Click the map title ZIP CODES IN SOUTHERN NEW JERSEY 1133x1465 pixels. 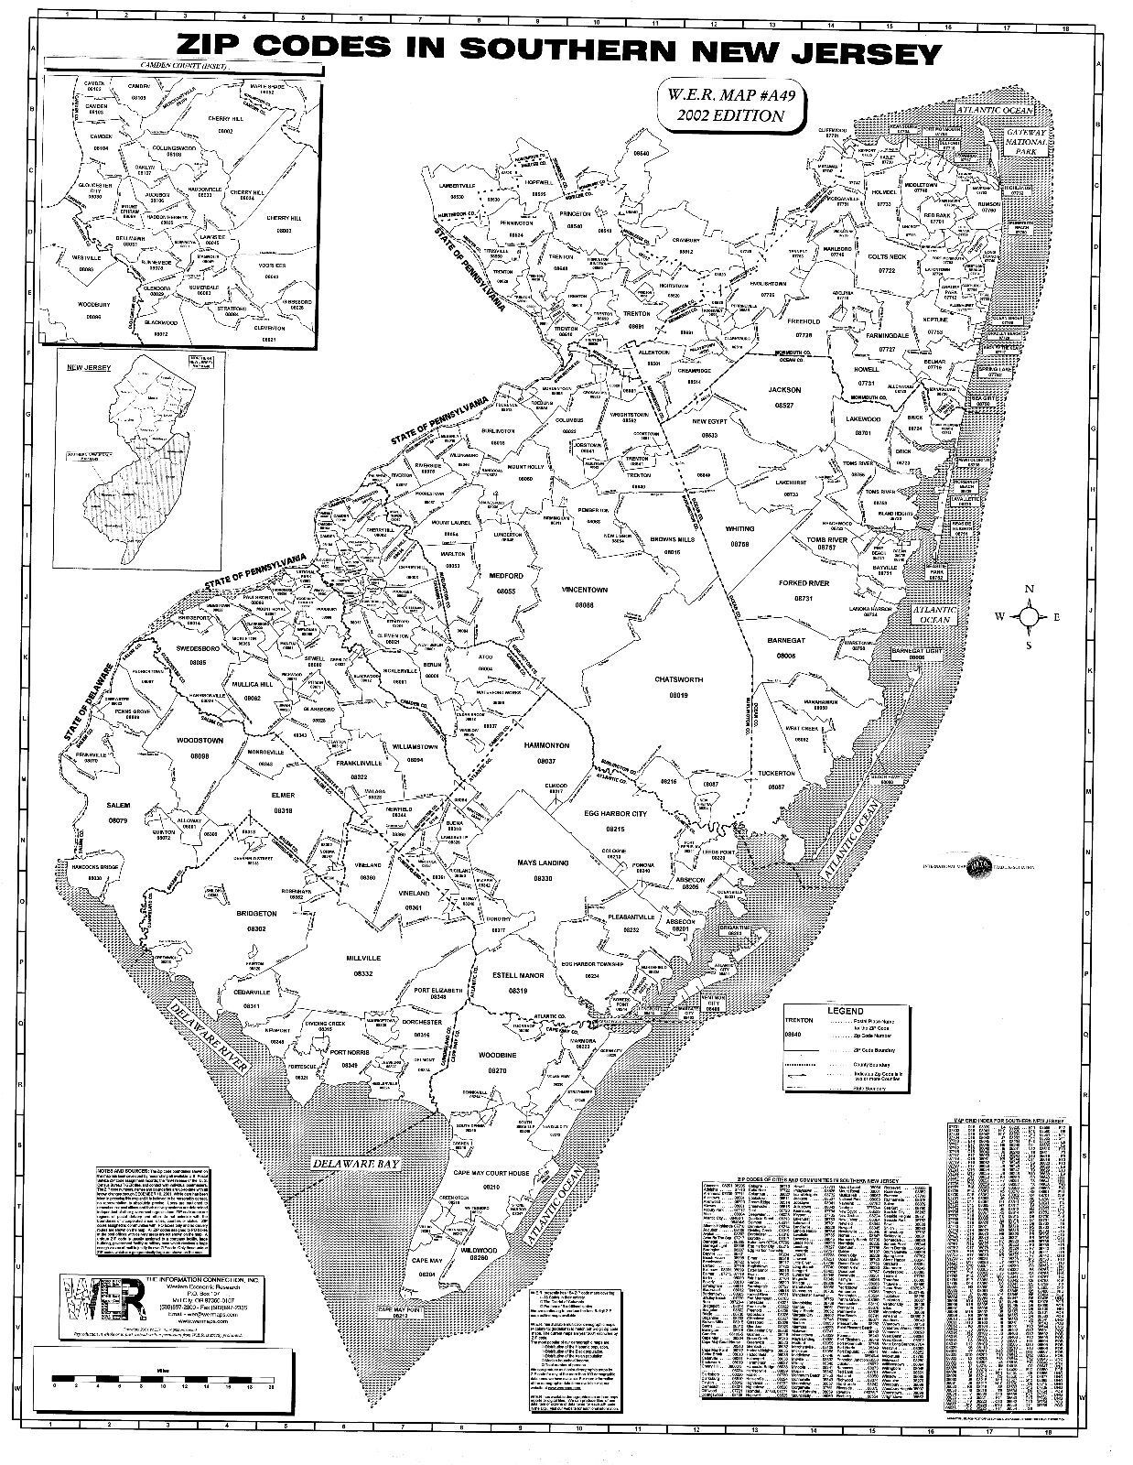click(x=558, y=50)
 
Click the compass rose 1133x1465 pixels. click(x=1030, y=617)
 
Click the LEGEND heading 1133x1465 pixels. click(x=846, y=1011)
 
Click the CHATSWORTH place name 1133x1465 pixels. click(x=678, y=680)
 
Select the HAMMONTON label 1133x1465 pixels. click(x=546, y=746)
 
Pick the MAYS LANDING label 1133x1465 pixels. click(x=543, y=863)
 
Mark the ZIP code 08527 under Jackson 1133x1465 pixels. click(x=784, y=404)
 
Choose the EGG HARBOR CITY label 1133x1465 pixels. click(x=613, y=814)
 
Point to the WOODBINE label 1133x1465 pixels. click(x=497, y=1056)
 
